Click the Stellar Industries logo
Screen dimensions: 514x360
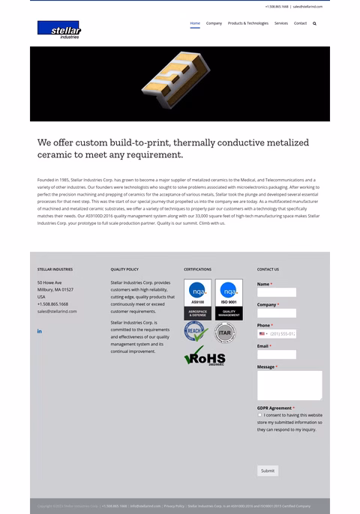[x=58, y=30]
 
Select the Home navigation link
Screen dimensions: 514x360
[x=195, y=23]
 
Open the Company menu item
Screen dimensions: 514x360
[x=214, y=23]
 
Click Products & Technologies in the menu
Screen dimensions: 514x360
[x=247, y=23]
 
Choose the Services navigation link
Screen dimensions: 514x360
[x=281, y=23]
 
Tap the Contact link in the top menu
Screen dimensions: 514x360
[x=300, y=23]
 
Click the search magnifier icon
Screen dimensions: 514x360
[x=315, y=23]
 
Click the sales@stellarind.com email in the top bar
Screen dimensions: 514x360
[x=307, y=7]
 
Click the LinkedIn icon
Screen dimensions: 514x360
[x=39, y=331]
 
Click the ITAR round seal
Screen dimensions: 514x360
[x=225, y=333]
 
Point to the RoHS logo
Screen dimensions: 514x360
[x=205, y=357]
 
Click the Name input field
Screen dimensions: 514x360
[x=276, y=292]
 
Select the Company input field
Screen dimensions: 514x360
[x=276, y=313]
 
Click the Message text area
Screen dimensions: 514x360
[x=289, y=385]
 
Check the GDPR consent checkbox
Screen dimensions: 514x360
[x=259, y=415]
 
